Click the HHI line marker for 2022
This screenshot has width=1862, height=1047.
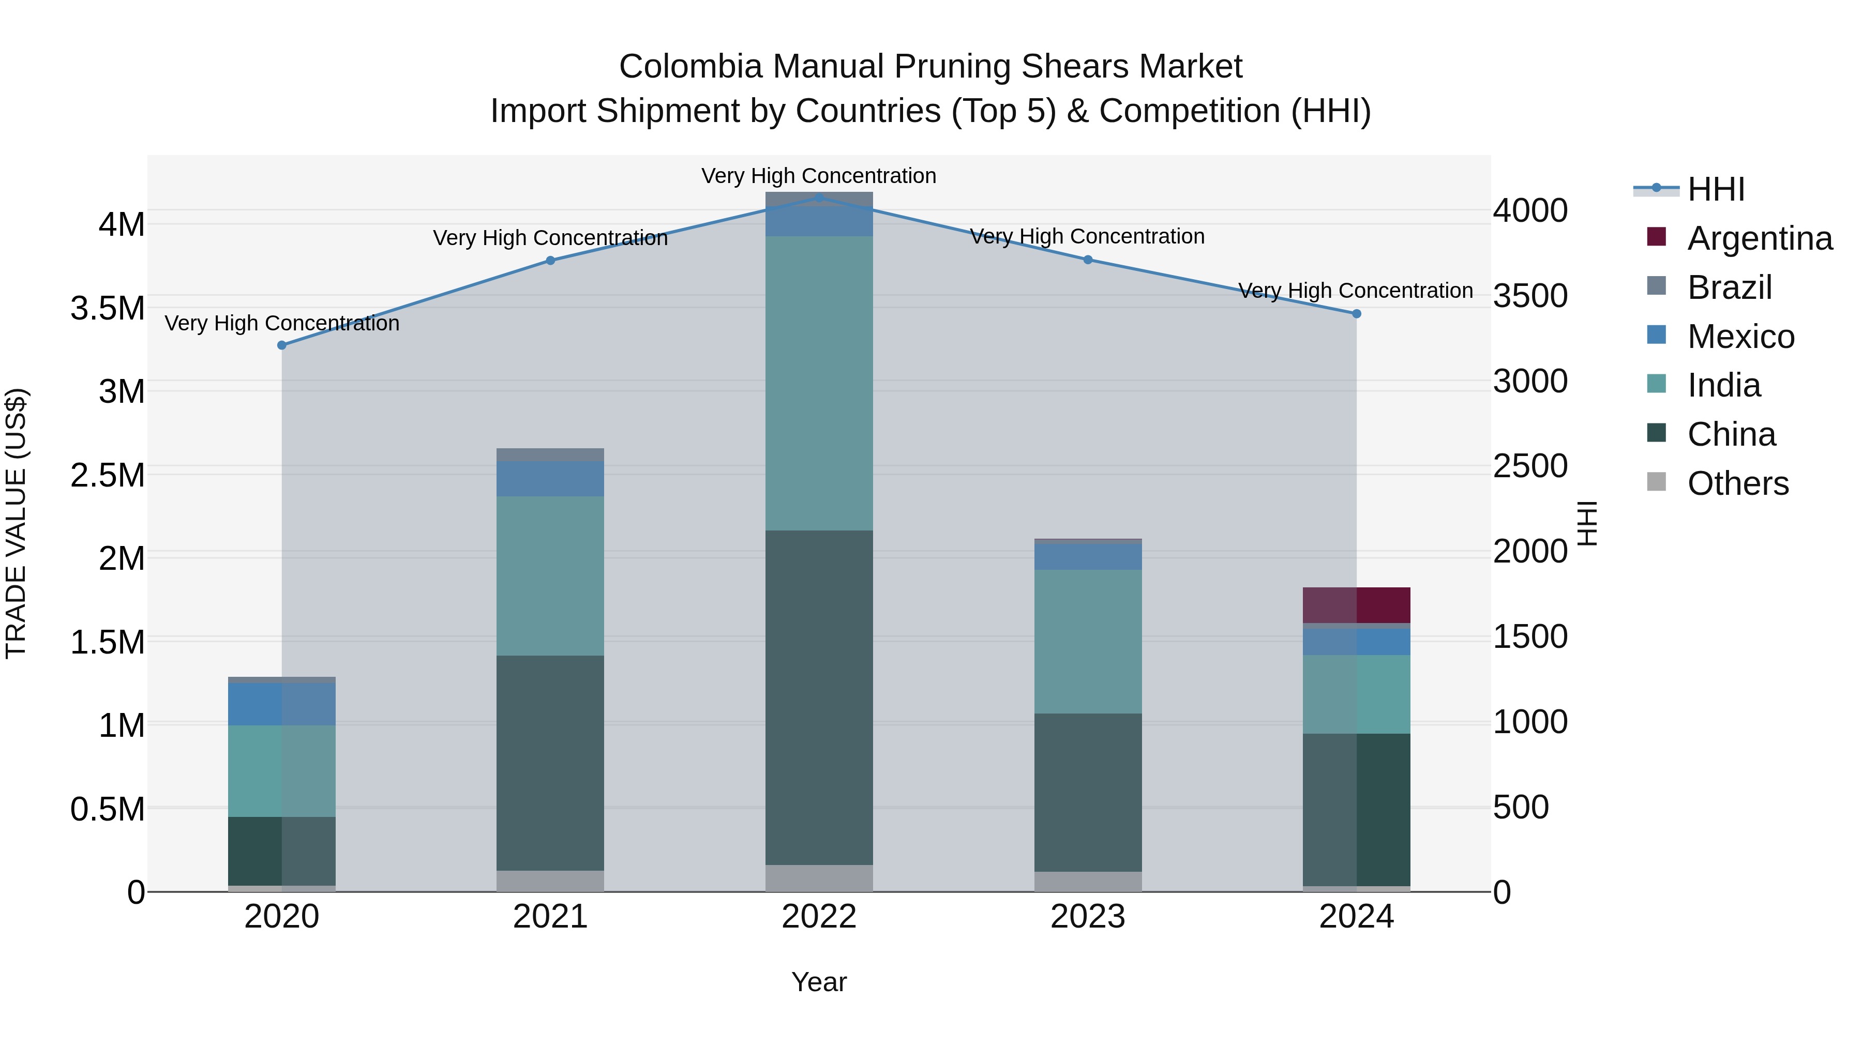[x=819, y=198]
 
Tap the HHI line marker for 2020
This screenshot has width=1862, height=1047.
[x=282, y=345]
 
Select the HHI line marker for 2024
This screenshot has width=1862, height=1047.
[x=1356, y=314]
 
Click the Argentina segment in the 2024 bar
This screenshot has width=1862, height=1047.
[x=1356, y=605]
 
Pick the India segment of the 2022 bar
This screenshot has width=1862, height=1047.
[x=819, y=383]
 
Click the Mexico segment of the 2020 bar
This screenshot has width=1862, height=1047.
[x=282, y=704]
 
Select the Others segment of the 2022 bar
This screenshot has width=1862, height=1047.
[x=819, y=878]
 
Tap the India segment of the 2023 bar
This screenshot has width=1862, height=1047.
[x=1088, y=641]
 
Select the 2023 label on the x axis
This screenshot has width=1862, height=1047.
[x=1088, y=917]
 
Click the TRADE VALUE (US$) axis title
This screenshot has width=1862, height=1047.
[x=16, y=523]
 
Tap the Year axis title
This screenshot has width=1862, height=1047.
[x=819, y=982]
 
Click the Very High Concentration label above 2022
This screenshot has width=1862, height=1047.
[x=819, y=176]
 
